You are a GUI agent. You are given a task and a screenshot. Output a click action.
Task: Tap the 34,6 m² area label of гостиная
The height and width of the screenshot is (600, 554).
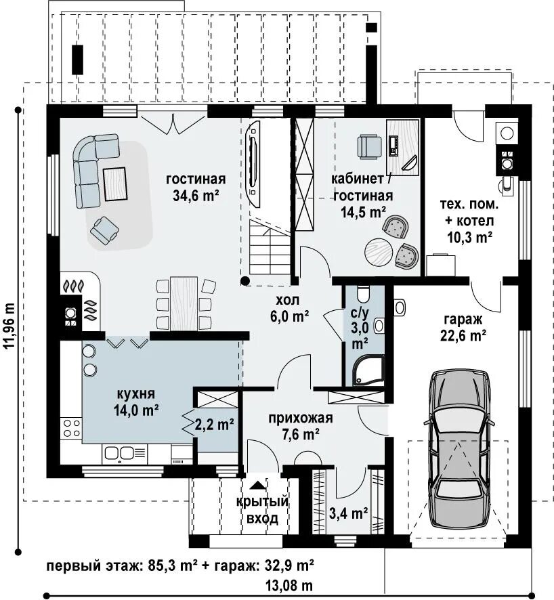point(196,196)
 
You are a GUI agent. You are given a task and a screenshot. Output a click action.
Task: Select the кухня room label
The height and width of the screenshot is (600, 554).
point(136,393)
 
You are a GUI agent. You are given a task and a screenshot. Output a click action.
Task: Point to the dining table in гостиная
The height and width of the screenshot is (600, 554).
point(184,303)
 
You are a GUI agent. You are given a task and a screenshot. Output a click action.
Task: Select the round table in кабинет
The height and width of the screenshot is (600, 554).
point(379,252)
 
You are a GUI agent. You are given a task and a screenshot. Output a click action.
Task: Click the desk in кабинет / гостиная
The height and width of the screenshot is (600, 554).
point(402,148)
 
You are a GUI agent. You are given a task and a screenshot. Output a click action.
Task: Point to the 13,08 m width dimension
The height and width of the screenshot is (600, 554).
point(289,586)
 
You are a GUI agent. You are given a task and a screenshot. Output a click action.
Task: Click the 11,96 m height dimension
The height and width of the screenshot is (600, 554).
point(9,325)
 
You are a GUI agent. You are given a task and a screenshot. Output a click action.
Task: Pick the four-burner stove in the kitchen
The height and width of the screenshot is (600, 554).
point(72,428)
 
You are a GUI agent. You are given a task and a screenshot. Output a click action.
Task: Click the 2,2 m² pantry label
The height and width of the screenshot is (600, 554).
point(215,424)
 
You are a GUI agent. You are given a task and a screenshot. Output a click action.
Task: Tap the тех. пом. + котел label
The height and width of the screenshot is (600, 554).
point(469,221)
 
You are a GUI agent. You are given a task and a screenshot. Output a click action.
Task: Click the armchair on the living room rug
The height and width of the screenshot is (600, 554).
point(104,230)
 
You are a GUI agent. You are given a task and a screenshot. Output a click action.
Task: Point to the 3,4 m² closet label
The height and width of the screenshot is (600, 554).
point(349,513)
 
